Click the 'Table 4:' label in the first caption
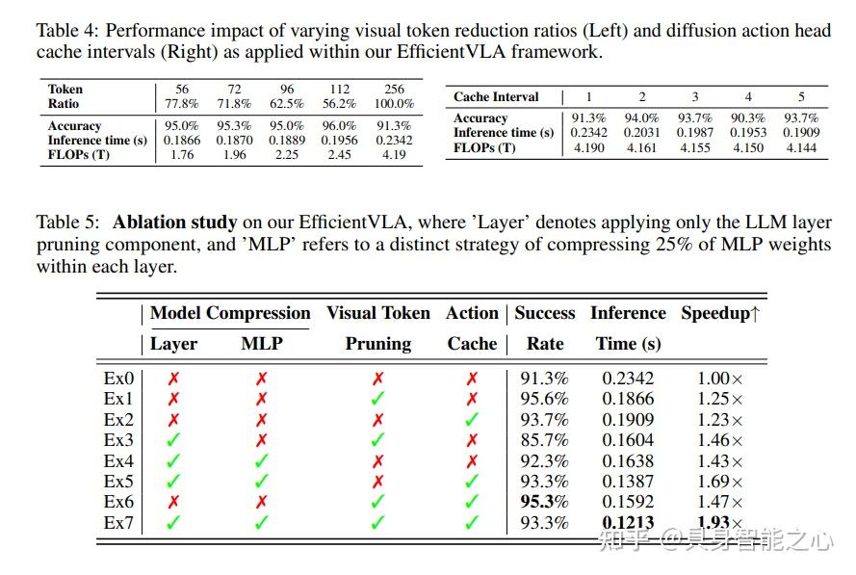[x=71, y=31]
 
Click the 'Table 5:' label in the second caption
[x=71, y=222]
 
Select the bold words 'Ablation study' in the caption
[x=174, y=222]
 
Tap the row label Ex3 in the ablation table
[x=119, y=440]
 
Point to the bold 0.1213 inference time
[x=628, y=523]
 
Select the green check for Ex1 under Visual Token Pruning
[x=378, y=399]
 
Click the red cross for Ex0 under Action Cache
[x=472, y=379]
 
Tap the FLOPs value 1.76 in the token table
[x=181, y=154]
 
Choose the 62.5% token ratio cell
[x=286, y=104]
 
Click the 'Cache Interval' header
[x=496, y=97]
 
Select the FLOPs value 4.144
[x=800, y=147]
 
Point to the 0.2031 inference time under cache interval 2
[x=642, y=133]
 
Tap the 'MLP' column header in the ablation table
[x=261, y=344]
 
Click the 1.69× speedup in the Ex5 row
[x=720, y=482]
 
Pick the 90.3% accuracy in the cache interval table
[x=748, y=118]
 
